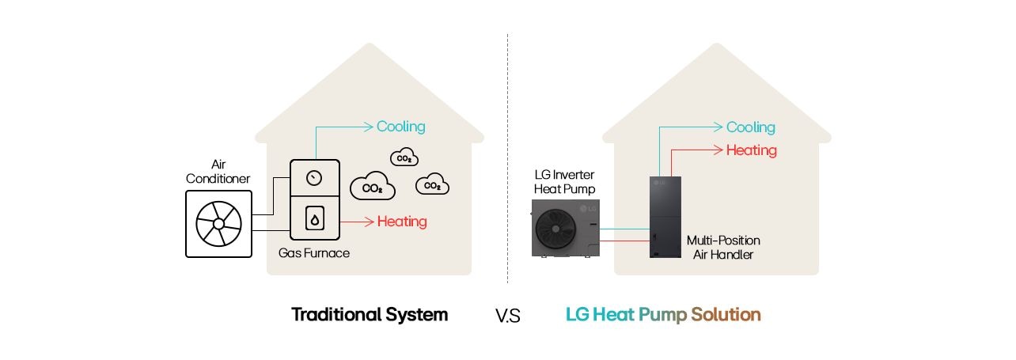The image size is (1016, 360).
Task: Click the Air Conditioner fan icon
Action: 218,224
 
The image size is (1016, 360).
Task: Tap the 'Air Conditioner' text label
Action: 218,172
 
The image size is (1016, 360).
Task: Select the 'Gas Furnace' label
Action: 314,253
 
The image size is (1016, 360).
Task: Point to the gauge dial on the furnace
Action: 315,178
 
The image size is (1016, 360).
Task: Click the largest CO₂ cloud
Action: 372,188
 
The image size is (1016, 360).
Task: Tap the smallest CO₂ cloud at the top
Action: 404,157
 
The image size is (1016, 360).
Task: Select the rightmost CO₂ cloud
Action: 432,185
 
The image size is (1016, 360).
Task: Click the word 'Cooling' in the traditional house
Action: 400,127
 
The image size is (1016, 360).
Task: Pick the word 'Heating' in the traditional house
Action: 401,222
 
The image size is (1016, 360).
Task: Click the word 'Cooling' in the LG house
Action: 750,127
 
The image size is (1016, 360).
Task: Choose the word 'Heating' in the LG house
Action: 751,150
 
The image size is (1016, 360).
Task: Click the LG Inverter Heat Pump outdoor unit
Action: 565,228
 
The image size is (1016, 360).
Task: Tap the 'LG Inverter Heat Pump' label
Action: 564,181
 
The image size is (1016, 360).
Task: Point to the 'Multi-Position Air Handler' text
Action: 722,247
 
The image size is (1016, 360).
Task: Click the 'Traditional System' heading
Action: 370,315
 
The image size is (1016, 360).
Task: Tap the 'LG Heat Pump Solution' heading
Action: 662,315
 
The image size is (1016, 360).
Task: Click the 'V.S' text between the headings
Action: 507,316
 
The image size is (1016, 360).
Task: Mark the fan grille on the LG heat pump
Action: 557,229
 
